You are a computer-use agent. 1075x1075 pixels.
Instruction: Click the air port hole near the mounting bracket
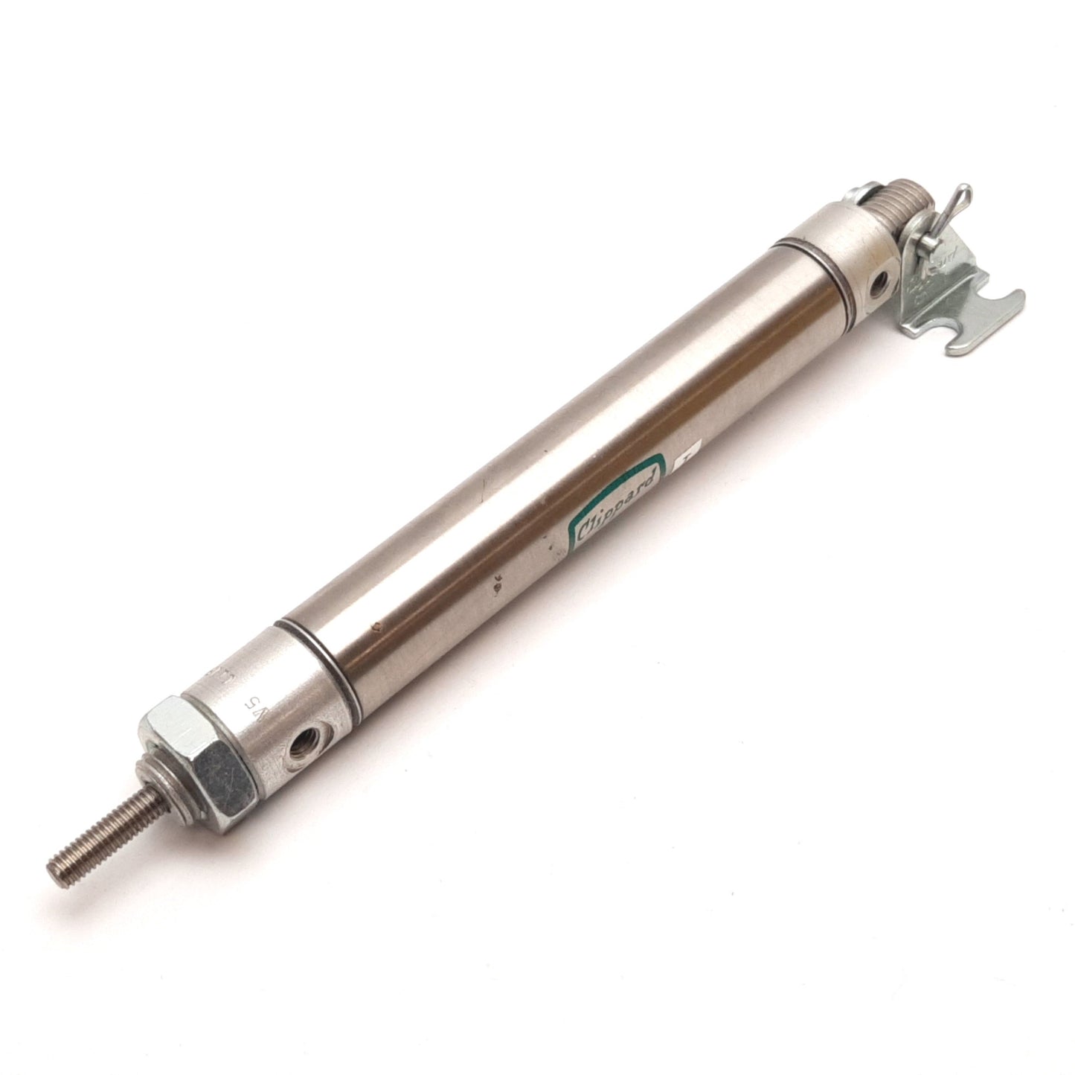tap(882, 282)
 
